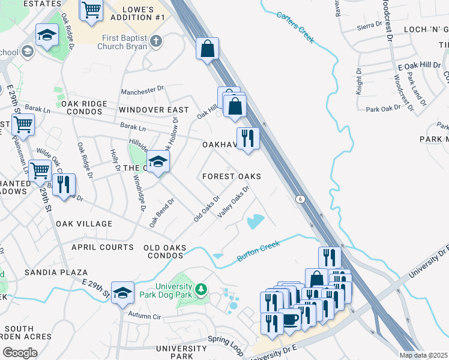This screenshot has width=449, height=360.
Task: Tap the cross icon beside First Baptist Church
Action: [x=156, y=41]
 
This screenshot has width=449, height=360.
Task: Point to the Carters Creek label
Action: [x=295, y=26]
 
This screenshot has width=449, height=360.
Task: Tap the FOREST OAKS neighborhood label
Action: [x=231, y=176]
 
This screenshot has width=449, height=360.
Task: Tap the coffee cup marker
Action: [x=291, y=320]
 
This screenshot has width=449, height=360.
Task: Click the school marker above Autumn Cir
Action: [x=122, y=292]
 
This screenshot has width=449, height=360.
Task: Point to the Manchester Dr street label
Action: [x=142, y=91]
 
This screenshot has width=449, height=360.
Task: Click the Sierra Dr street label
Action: [x=369, y=25]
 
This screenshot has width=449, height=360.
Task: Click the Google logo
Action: [x=20, y=352]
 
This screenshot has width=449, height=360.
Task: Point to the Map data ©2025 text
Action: [x=424, y=355]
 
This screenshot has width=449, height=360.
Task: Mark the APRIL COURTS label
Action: [x=102, y=247]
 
